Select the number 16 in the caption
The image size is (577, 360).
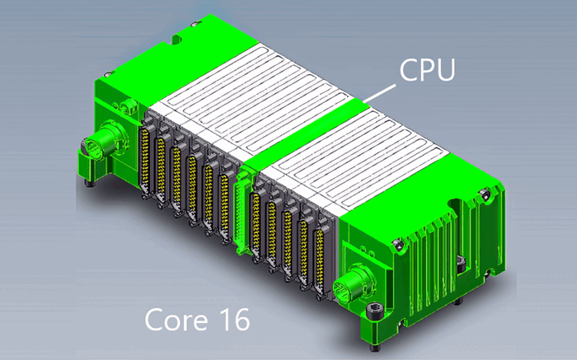pos(230,320)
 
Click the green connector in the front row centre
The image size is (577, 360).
pos(242,210)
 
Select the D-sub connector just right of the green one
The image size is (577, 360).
pos(256,218)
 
